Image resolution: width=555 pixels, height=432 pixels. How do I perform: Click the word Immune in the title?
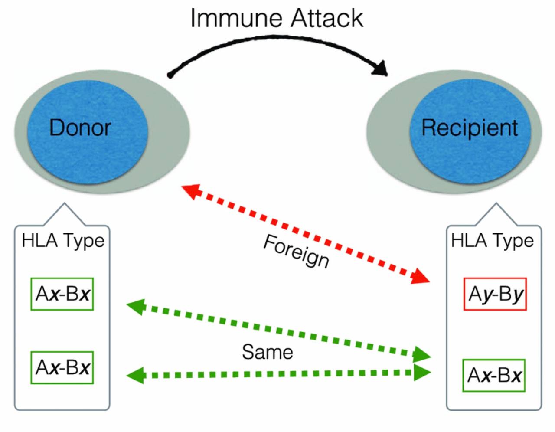click(237, 18)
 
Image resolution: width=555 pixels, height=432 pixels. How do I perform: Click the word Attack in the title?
click(326, 18)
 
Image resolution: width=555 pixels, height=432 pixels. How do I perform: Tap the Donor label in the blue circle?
click(80, 128)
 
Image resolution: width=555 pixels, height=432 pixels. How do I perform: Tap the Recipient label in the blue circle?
click(470, 128)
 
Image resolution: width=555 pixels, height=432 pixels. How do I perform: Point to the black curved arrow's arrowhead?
click(382, 69)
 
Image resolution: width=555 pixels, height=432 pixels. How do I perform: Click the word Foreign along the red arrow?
click(297, 251)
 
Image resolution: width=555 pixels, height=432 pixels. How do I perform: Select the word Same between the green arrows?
click(267, 351)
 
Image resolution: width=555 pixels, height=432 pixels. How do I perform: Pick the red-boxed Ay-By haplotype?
click(495, 294)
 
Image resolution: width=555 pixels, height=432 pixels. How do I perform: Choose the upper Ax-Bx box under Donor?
click(62, 294)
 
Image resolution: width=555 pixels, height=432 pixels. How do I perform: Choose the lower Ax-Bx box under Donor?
click(62, 367)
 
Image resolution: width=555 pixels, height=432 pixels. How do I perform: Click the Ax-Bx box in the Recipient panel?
click(494, 375)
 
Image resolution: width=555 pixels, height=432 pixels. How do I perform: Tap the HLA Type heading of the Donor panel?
click(63, 240)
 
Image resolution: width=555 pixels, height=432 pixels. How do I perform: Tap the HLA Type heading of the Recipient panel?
click(492, 240)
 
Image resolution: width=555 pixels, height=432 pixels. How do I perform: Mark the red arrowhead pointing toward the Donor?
click(190, 190)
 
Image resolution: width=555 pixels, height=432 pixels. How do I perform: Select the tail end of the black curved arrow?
click(170, 75)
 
